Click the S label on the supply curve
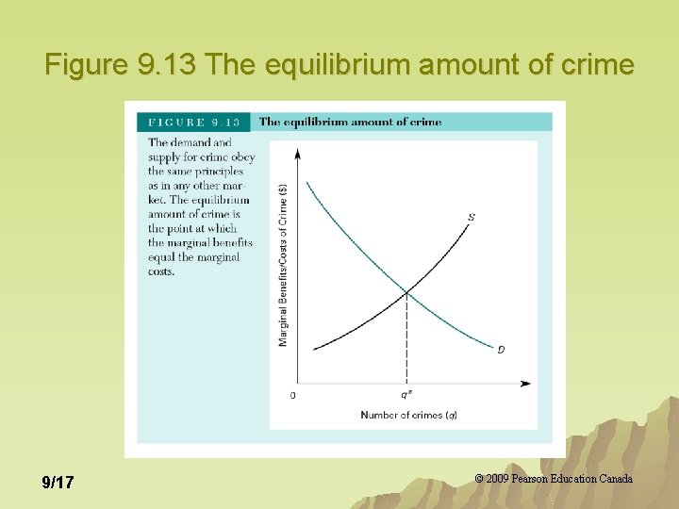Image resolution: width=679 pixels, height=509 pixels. click(472, 218)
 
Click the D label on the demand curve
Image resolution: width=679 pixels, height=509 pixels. click(501, 350)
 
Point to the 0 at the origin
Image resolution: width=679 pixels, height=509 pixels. click(292, 395)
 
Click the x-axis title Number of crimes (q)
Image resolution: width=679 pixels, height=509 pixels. click(408, 415)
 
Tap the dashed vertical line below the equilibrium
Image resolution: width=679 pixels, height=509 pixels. click(406, 339)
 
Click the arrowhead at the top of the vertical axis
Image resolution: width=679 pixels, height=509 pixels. click(298, 152)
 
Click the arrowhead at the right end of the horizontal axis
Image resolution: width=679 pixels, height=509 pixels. click(525, 384)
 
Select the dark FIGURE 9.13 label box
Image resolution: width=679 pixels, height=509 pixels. click(193, 122)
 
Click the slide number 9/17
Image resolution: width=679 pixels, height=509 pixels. click(58, 483)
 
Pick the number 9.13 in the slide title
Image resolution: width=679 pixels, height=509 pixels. click(171, 65)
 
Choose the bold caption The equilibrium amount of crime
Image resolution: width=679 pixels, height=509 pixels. click(350, 122)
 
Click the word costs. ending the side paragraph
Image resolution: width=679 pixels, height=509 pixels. click(161, 271)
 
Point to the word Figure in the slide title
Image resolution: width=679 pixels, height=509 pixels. click(88, 65)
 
